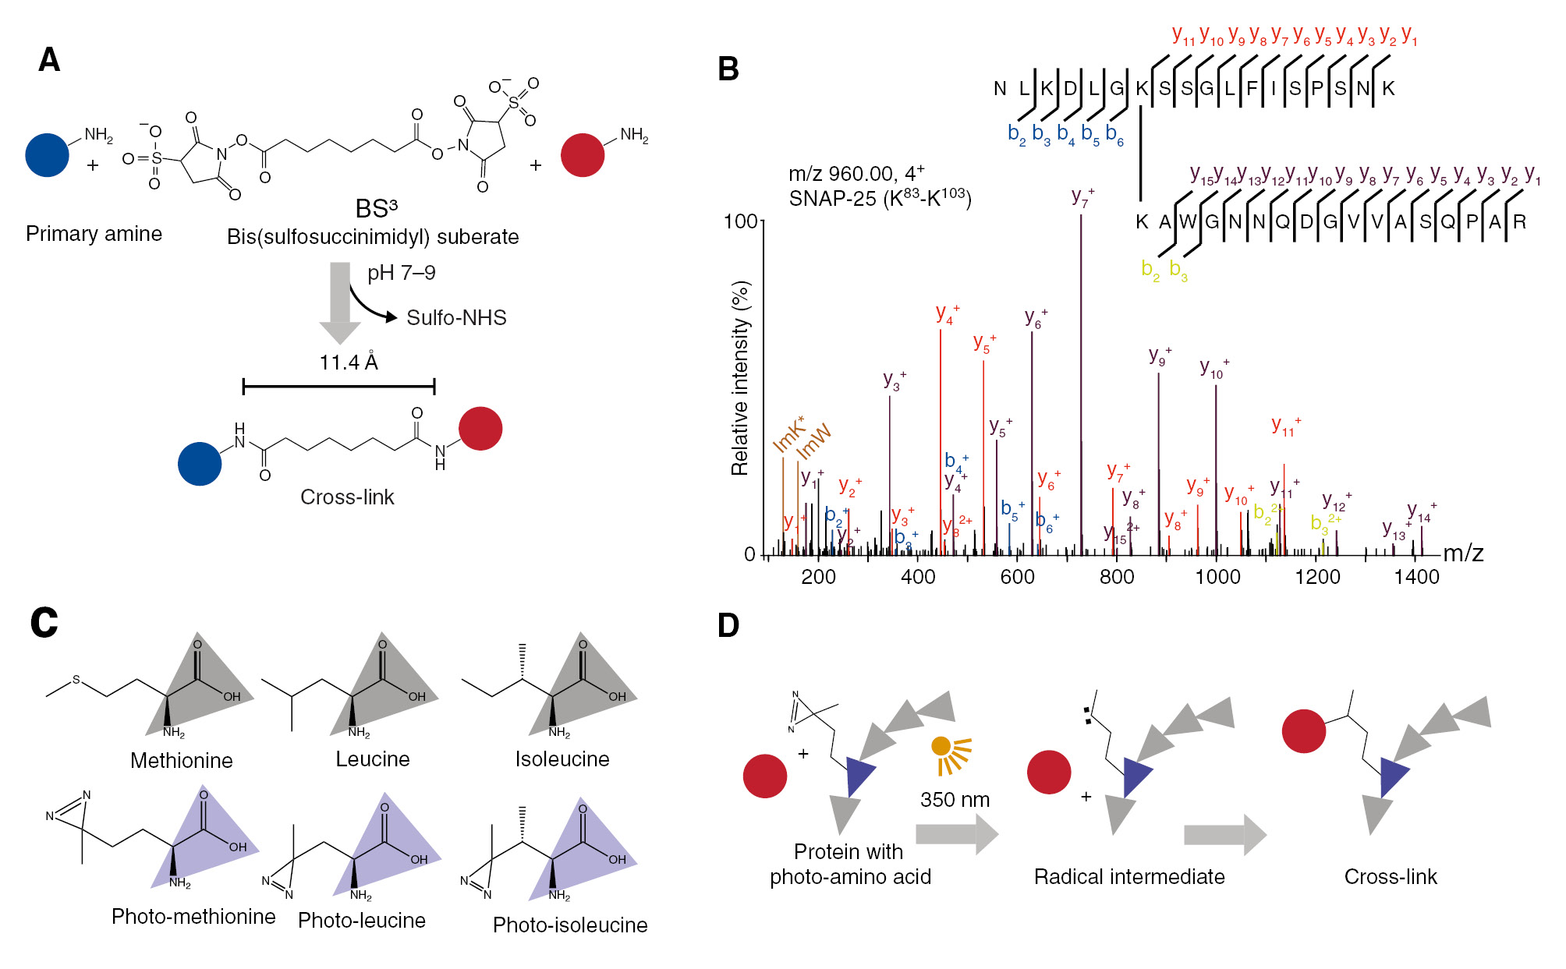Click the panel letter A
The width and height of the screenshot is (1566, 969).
(49, 60)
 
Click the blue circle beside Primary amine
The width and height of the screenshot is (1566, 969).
(47, 155)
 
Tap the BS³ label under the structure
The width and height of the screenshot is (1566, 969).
(376, 209)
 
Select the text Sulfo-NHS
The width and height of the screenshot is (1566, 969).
(456, 318)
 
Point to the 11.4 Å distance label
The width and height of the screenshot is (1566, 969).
(349, 362)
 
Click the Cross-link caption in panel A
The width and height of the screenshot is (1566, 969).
(347, 497)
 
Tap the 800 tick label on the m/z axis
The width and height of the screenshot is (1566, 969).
(1116, 578)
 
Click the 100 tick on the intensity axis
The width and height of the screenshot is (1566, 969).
(740, 222)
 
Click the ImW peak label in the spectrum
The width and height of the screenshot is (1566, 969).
(813, 442)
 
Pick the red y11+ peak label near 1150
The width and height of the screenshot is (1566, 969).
(1285, 426)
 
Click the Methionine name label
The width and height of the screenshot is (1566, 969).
(181, 761)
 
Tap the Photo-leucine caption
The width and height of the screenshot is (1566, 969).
(361, 921)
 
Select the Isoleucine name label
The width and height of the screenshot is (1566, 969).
(562, 759)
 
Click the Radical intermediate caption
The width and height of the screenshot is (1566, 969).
(1128, 877)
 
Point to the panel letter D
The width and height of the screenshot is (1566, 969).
(728, 625)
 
